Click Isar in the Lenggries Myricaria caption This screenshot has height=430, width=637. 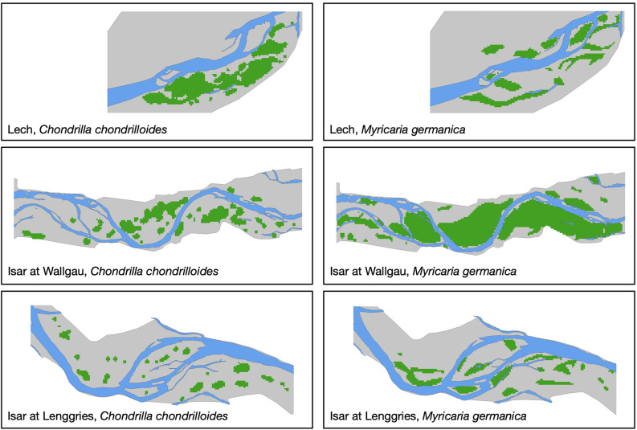340,416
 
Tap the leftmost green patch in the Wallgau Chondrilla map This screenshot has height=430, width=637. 34,234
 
